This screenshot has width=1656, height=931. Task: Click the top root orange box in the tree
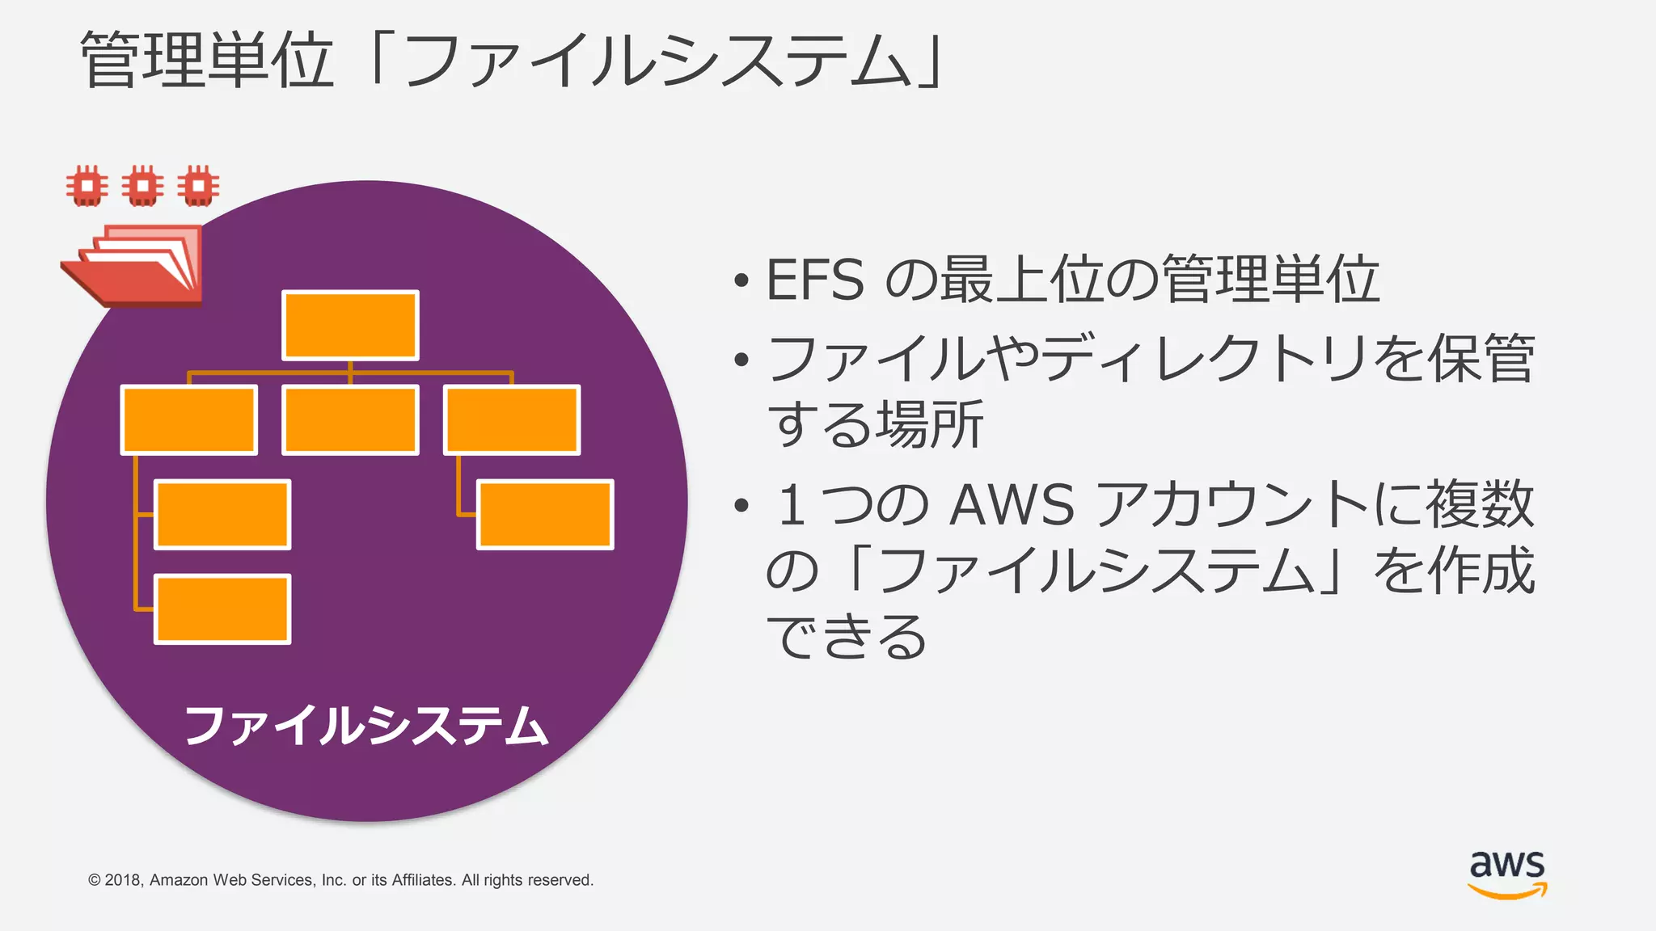pyautogui.click(x=350, y=325)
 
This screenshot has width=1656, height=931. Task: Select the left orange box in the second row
pyautogui.click(x=188, y=419)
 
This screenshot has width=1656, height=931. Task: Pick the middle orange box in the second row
pyautogui.click(x=350, y=419)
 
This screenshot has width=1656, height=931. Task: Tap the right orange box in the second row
pyautogui.click(x=512, y=419)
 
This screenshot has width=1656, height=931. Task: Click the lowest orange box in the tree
pyautogui.click(x=222, y=609)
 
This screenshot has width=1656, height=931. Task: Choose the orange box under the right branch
pyautogui.click(x=545, y=514)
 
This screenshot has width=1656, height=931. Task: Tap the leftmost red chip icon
pyautogui.click(x=87, y=186)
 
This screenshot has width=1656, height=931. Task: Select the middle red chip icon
pyautogui.click(x=142, y=186)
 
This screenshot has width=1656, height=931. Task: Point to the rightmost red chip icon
pyautogui.click(x=198, y=186)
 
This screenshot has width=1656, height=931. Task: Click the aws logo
pyautogui.click(x=1507, y=874)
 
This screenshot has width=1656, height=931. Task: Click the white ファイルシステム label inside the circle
pyautogui.click(x=366, y=725)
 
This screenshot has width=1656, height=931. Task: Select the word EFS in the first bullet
pyautogui.click(x=814, y=280)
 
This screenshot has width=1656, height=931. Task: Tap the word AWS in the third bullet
pyautogui.click(x=1012, y=505)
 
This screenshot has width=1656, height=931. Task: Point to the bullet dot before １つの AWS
pyautogui.click(x=741, y=507)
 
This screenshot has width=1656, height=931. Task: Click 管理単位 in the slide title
pyautogui.click(x=207, y=61)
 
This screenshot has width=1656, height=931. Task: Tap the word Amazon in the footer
pyautogui.click(x=179, y=880)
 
